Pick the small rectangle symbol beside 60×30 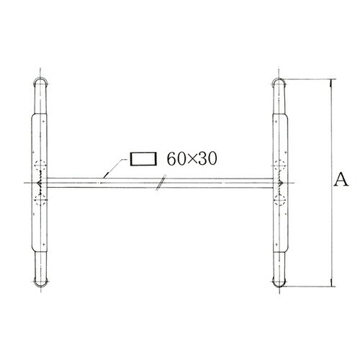click(x=143, y=158)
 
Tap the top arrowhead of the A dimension click(x=330, y=80)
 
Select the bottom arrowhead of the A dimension click(x=330, y=283)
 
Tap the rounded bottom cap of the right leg click(x=279, y=281)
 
